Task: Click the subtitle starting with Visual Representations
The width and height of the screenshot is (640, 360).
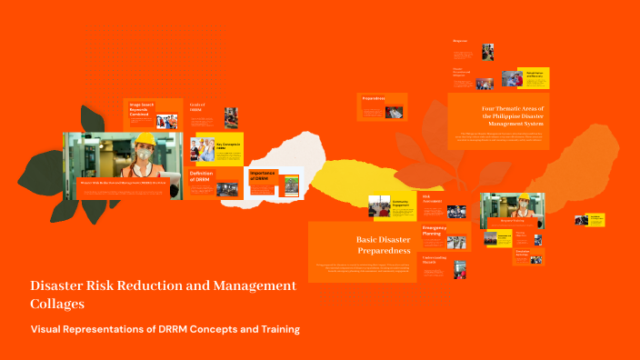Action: click(165, 328)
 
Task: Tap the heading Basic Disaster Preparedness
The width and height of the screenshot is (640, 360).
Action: click(383, 245)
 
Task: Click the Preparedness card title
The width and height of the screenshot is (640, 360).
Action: click(375, 98)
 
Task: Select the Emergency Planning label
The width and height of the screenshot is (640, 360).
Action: click(434, 229)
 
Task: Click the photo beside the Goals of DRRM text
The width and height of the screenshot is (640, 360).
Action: click(231, 117)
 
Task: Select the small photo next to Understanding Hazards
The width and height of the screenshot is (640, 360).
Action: click(460, 269)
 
